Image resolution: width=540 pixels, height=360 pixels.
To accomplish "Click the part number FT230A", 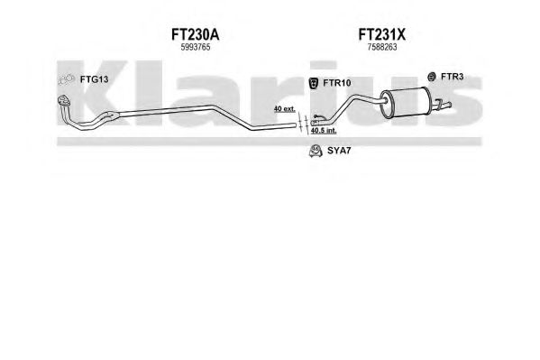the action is (x=195, y=34).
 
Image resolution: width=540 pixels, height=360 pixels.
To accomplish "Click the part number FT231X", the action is (x=382, y=34).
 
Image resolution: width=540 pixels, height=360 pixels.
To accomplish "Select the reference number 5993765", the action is (x=196, y=47).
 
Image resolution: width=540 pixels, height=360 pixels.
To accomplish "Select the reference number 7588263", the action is (x=382, y=47).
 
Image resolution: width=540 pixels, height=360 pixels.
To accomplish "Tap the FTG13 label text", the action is (x=94, y=79).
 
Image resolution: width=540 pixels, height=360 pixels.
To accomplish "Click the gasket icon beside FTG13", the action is (x=66, y=79).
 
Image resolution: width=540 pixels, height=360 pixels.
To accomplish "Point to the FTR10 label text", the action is (x=337, y=83).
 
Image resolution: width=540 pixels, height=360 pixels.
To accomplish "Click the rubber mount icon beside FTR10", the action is (x=314, y=83).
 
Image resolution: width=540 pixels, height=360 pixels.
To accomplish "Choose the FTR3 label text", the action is (x=452, y=77).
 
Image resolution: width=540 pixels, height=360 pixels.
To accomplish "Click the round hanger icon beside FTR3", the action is (x=432, y=77).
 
